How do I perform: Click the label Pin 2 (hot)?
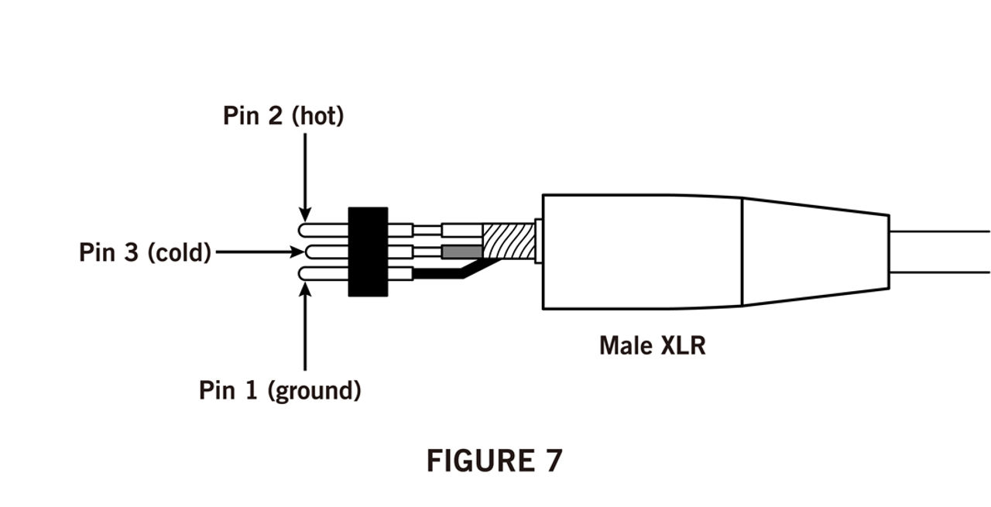283,116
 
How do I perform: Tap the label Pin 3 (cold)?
145,252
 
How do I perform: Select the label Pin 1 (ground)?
279,389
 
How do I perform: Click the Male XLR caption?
652,344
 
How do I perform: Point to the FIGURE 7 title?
494,461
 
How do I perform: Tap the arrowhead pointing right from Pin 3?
297,252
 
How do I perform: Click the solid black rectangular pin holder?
368,252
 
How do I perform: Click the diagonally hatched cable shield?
509,241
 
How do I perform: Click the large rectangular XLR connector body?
642,252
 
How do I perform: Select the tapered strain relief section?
814,252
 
